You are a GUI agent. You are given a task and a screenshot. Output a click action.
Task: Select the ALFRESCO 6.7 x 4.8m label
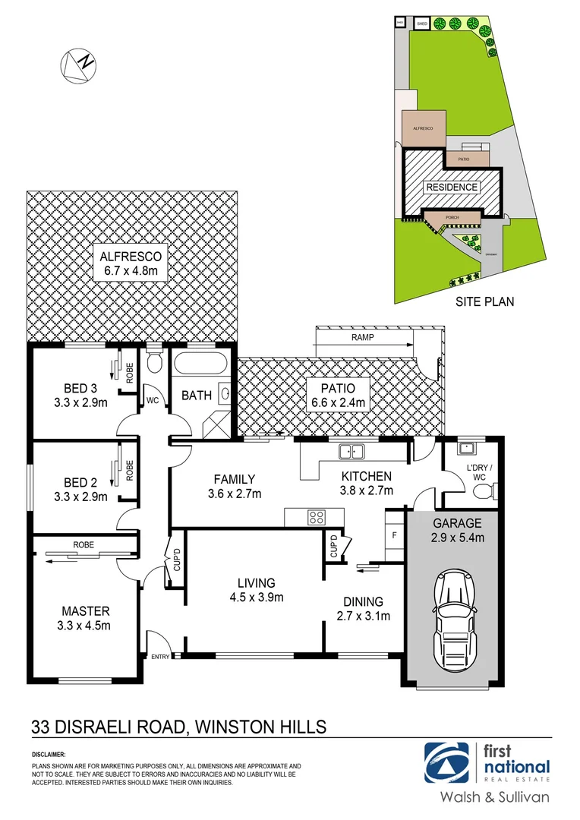[131, 262]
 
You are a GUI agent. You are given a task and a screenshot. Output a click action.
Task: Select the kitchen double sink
[351, 452]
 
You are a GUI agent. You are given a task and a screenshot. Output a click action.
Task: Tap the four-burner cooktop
[317, 518]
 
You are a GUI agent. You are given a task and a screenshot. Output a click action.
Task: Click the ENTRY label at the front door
[161, 657]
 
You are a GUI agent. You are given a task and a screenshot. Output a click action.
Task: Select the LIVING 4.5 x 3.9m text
[256, 590]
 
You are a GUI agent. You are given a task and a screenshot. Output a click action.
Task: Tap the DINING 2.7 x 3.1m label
[363, 609]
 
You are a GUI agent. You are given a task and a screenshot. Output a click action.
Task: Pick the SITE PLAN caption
[484, 301]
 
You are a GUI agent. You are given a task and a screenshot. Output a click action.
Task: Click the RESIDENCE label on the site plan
[451, 187]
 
